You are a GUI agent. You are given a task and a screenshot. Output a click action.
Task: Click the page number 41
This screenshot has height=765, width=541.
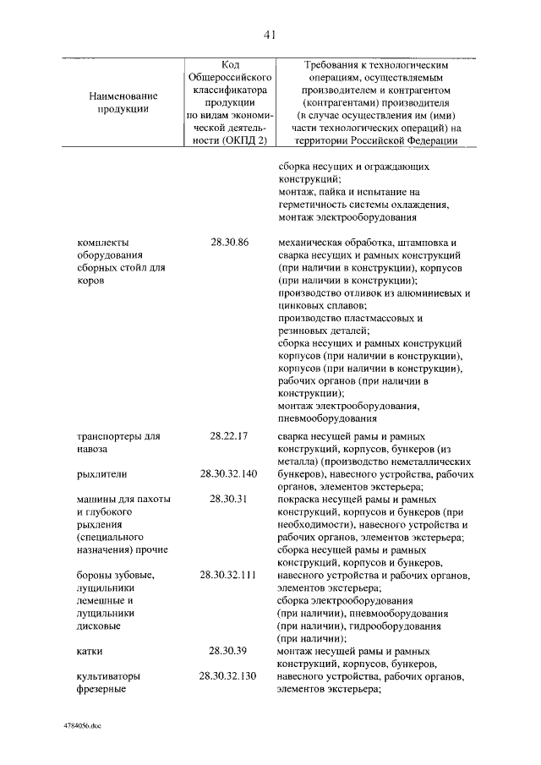(x=270, y=35)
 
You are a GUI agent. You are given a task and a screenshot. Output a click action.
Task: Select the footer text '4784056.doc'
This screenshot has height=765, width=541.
(x=82, y=726)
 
